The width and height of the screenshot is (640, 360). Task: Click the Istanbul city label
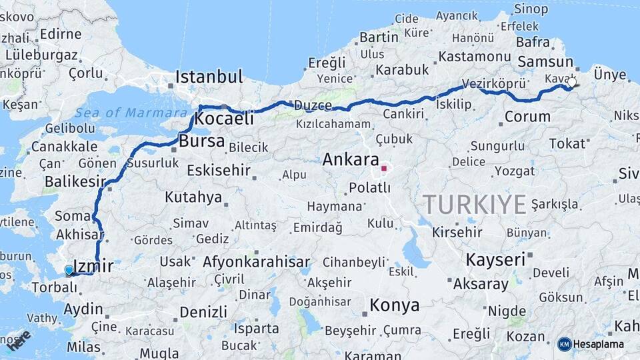pos(209,77)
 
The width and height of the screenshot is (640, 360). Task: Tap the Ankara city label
pos(350,160)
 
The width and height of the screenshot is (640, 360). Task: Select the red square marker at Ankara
pos(383,168)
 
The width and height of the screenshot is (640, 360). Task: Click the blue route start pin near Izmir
pos(69,270)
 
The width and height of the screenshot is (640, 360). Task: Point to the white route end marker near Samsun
pos(571,83)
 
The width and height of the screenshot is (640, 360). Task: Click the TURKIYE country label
pos(474,204)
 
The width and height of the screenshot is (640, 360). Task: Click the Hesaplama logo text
pos(599,344)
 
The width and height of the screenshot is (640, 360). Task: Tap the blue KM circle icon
pos(564,344)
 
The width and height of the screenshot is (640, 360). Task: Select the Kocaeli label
pos(225,119)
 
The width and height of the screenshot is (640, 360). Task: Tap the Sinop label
pos(531,9)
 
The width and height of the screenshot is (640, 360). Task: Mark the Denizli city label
pos(203,311)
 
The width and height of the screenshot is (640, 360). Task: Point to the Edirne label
pos(61,34)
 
